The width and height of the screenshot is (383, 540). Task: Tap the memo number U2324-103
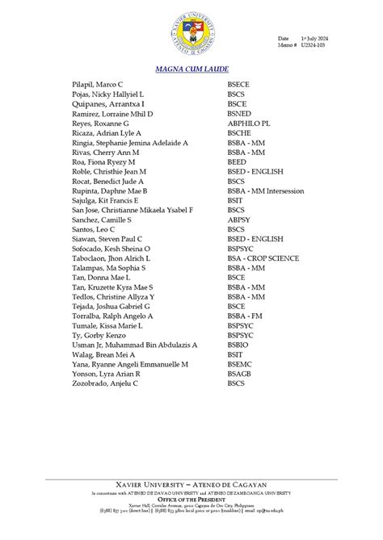click(x=314, y=46)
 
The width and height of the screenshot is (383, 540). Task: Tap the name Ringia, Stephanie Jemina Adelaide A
click(x=130, y=143)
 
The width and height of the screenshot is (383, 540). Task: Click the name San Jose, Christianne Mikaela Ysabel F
click(x=133, y=210)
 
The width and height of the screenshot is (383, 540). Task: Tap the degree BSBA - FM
click(x=246, y=316)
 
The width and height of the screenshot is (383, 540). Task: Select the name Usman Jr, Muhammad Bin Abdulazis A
click(x=134, y=345)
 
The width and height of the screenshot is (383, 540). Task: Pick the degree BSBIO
click(x=239, y=345)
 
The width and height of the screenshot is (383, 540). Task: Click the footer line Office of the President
click(x=191, y=500)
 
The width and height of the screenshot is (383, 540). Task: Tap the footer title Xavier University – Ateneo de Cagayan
click(x=191, y=484)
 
